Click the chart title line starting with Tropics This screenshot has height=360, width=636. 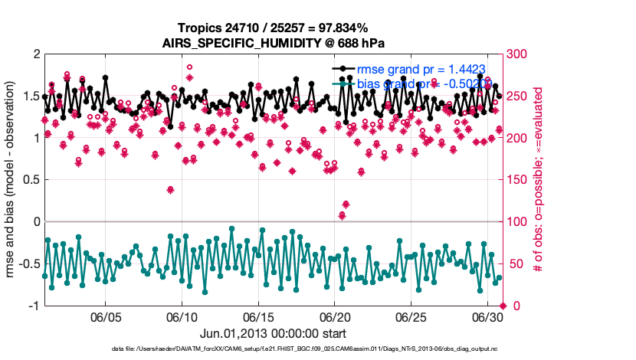tap(274, 28)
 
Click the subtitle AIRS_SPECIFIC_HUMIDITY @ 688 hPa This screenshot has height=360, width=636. tap(274, 42)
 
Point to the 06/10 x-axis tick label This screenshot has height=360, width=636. tap(182, 317)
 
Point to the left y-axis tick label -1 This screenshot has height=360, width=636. tap(33, 306)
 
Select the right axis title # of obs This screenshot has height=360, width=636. tap(539, 180)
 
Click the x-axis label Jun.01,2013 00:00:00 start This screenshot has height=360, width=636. tap(274, 333)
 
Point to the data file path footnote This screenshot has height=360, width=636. tap(274, 349)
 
